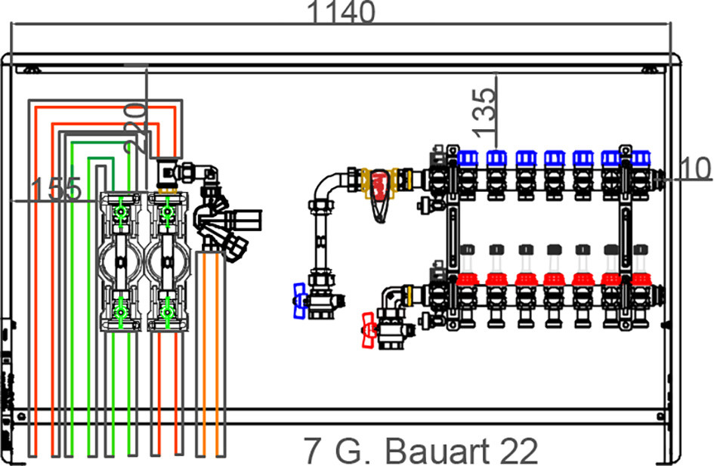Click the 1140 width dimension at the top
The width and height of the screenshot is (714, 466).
pyautogui.click(x=342, y=12)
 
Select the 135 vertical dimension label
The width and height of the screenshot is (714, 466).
pyautogui.click(x=484, y=113)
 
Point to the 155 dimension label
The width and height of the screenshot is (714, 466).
pyautogui.click(x=57, y=189)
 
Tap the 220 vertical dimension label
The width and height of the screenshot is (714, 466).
pyautogui.click(x=135, y=128)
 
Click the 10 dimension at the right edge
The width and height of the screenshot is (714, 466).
pyautogui.click(x=696, y=168)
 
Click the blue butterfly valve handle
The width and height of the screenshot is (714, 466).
pyautogui.click(x=299, y=301)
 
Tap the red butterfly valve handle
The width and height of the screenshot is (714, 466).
pyautogui.click(x=369, y=330)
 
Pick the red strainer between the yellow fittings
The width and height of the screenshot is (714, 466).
pyautogui.click(x=380, y=195)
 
